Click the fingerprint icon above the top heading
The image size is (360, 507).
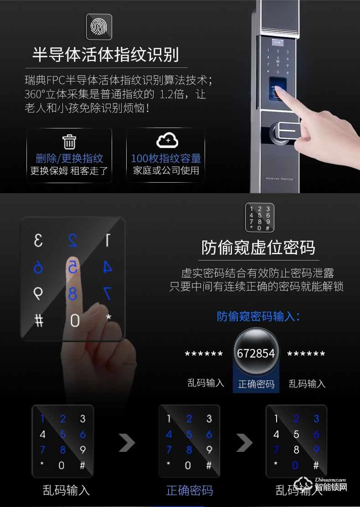tap(99, 27)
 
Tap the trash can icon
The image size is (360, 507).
tap(69, 142)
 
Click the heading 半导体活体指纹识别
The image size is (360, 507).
tap(106, 54)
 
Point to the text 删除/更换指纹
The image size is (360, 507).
tap(69, 159)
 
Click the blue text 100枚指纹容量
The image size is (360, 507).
tap(166, 159)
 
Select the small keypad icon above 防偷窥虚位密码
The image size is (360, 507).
tap(260, 217)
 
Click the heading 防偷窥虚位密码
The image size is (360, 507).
tap(258, 248)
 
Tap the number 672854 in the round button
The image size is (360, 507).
tap(256, 353)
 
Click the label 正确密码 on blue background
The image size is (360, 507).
tap(256, 384)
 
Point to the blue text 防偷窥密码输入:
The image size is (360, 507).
tap(258, 316)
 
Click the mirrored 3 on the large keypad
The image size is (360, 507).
tap(38, 241)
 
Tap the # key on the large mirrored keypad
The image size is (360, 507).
tap(39, 321)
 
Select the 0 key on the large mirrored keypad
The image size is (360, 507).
tap(75, 321)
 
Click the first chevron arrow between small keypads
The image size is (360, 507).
tap(127, 443)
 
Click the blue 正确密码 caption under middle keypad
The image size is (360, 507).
tap(190, 491)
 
